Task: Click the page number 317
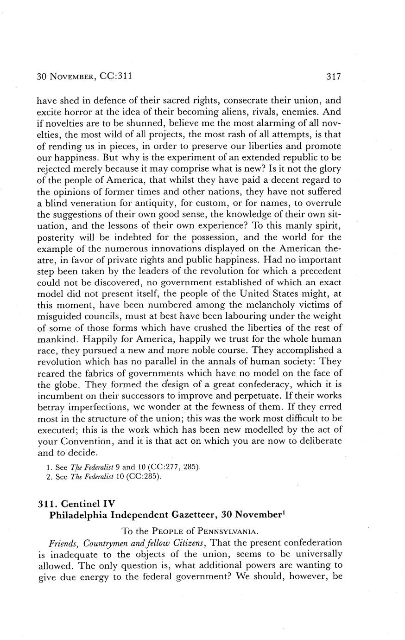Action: pyautogui.click(x=333, y=77)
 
